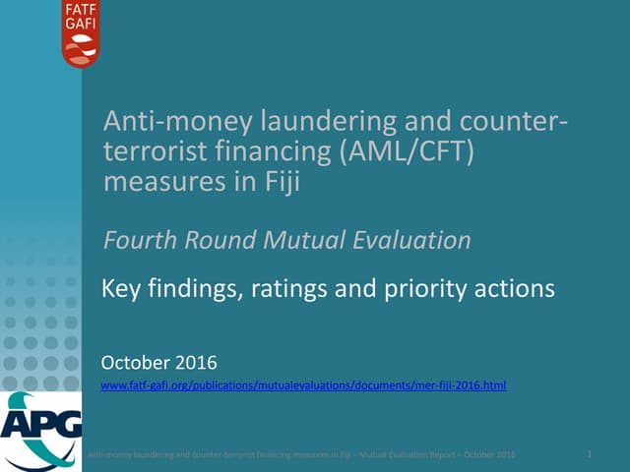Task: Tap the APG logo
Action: [39, 431]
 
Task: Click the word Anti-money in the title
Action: [168, 125]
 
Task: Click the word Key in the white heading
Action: [120, 289]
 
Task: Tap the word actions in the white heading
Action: [518, 289]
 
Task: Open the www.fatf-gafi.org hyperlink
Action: [303, 386]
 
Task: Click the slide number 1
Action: [588, 453]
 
